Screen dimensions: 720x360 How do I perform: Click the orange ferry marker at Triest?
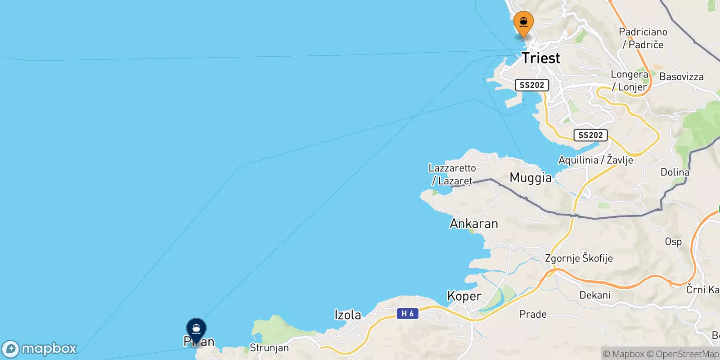pyautogui.click(x=523, y=22)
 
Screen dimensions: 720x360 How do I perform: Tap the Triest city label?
pyautogui.click(x=540, y=58)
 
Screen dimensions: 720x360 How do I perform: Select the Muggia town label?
pyautogui.click(x=531, y=178)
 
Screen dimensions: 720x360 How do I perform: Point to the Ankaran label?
pyautogui.click(x=474, y=224)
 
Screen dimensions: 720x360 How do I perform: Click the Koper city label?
pyautogui.click(x=464, y=296)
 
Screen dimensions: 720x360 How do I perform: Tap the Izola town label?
pyautogui.click(x=347, y=315)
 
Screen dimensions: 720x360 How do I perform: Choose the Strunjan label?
pyautogui.click(x=269, y=348)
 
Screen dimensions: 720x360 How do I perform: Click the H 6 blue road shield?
pyautogui.click(x=407, y=314)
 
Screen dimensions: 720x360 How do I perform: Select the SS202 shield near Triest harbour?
pyautogui.click(x=531, y=85)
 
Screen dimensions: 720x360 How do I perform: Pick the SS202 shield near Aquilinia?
pyautogui.click(x=590, y=135)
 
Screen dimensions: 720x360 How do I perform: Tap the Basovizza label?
pyautogui.click(x=681, y=77)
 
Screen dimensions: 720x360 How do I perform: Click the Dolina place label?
pyautogui.click(x=675, y=172)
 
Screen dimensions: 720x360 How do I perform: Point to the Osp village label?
pyautogui.click(x=673, y=242)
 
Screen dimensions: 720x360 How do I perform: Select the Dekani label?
pyautogui.click(x=595, y=295)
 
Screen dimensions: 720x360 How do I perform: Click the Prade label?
pyautogui.click(x=533, y=314)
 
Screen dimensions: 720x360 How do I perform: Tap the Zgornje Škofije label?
pyautogui.click(x=579, y=258)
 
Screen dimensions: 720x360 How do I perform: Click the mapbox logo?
pyautogui.click(x=40, y=349)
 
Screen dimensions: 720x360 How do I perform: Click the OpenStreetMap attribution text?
pyautogui.click(x=687, y=354)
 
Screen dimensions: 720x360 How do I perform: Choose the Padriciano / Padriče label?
pyautogui.click(x=643, y=38)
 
